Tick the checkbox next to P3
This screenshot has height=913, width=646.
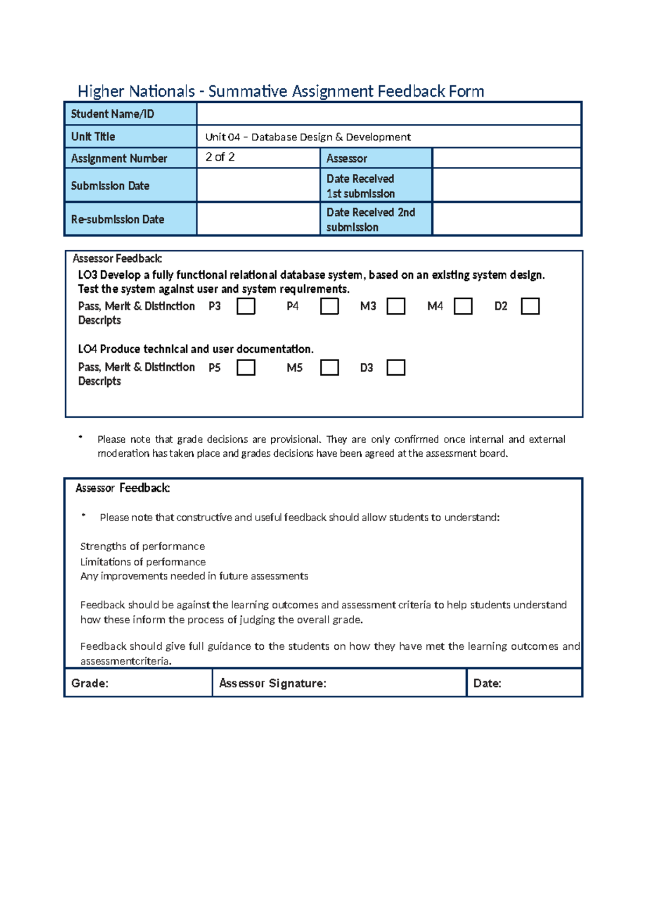click(246, 307)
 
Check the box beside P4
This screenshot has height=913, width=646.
click(329, 307)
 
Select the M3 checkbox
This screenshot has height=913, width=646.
click(396, 307)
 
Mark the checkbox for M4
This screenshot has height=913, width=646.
click(463, 307)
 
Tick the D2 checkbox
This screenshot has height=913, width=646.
click(530, 307)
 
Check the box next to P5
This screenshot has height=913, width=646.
click(246, 368)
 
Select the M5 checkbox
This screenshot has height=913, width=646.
click(329, 368)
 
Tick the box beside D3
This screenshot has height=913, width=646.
click(396, 368)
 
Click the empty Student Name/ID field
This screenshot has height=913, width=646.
click(389, 114)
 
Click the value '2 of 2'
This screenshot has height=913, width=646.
click(220, 157)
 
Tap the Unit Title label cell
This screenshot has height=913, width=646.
click(130, 137)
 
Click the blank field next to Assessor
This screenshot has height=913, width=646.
click(506, 158)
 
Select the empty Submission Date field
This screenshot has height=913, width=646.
click(258, 186)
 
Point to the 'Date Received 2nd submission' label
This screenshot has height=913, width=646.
click(370, 220)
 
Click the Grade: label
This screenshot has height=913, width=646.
click(90, 683)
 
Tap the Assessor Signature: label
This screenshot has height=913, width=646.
click(272, 683)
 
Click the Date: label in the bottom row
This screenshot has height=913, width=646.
click(487, 683)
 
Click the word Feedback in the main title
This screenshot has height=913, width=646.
click(411, 92)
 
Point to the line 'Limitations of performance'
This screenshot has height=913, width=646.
click(143, 562)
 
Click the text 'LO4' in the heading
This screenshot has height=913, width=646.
click(87, 349)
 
